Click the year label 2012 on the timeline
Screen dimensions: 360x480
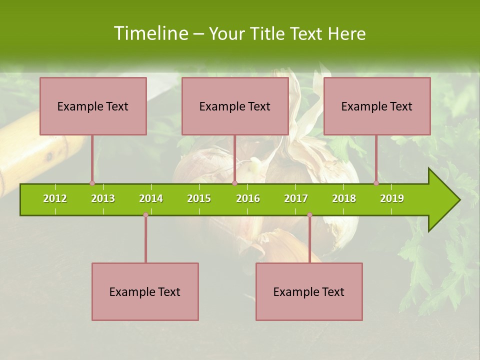(55, 198)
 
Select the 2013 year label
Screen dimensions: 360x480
(103, 198)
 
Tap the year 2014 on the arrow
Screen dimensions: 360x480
(151, 198)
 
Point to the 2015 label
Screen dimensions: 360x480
(199, 198)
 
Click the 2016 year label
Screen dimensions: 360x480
(248, 198)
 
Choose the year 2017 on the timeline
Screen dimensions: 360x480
(296, 198)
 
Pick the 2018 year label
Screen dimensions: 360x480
(344, 198)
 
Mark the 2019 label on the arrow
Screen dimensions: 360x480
(392, 198)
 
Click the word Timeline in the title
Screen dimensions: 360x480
(150, 33)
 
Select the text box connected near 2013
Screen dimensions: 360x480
(93, 106)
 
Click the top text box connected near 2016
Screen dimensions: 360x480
(235, 106)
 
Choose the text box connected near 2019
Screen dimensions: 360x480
(377, 106)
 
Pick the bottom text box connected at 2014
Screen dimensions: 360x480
(145, 292)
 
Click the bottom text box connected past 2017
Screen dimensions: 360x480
(309, 292)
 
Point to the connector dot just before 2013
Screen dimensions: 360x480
(92, 183)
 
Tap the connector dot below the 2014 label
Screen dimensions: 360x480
(145, 215)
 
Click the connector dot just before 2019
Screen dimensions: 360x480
(376, 183)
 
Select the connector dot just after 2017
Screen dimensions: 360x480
(309, 215)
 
